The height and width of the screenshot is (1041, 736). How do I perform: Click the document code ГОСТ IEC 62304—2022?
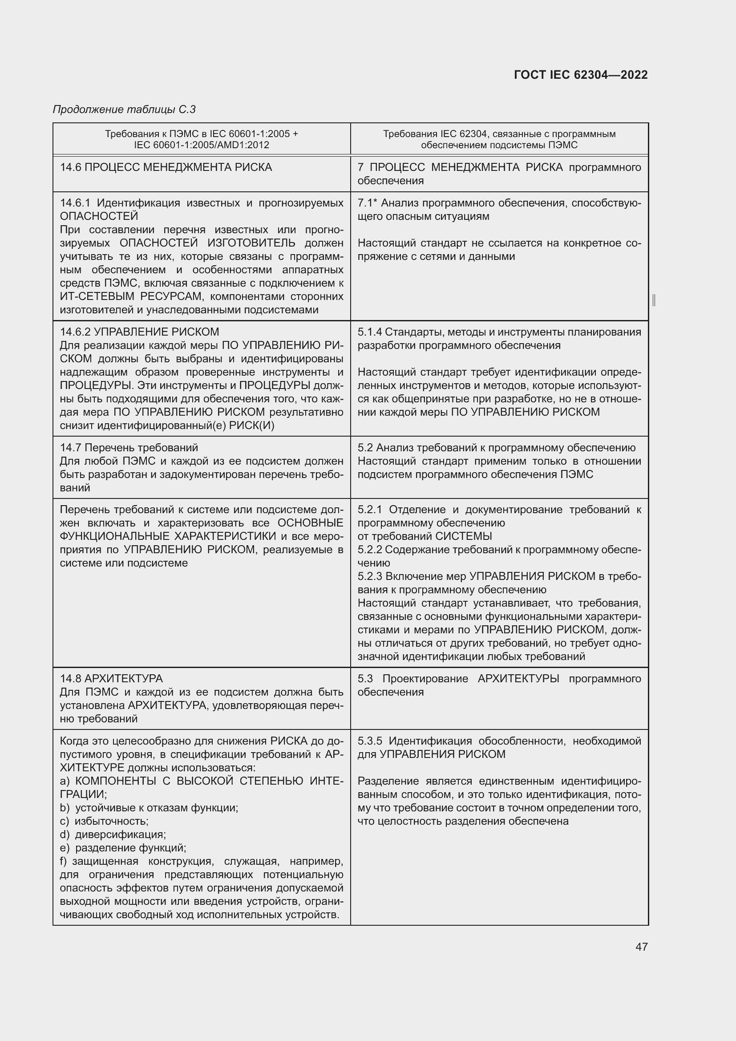point(581,75)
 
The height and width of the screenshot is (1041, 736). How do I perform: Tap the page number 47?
point(641,946)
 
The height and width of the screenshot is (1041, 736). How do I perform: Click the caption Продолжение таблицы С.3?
point(124,109)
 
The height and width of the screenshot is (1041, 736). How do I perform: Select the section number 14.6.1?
point(75,203)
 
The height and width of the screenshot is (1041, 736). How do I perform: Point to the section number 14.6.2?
point(75,332)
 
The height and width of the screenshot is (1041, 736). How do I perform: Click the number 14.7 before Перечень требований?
point(71,447)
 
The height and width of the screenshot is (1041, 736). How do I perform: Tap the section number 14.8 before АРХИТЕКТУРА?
point(71,678)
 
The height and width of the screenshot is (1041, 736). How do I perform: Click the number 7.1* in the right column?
point(368,203)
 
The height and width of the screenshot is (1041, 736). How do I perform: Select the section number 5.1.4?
point(369,332)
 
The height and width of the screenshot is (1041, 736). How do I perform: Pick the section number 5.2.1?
point(370,510)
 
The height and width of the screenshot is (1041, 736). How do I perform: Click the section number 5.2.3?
point(370,576)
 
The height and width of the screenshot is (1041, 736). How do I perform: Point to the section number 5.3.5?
point(370,741)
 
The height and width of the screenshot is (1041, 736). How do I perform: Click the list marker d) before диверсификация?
point(65,834)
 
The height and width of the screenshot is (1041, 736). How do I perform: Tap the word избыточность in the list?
point(111,821)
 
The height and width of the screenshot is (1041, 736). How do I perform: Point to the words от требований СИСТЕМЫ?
point(425,536)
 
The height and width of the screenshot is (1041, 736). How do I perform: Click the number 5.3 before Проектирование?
point(365,678)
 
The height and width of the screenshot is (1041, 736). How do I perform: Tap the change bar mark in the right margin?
point(654,300)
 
